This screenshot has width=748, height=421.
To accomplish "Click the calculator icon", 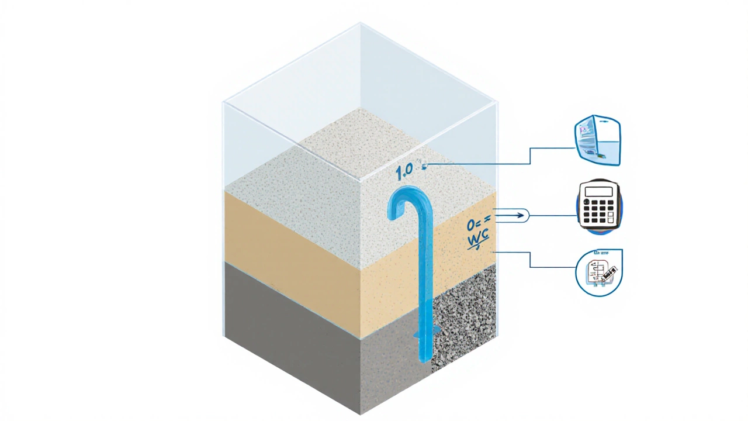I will (599, 206).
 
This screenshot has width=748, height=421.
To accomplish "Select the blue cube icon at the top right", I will (597, 141).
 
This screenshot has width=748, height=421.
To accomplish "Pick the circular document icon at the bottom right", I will (599, 272).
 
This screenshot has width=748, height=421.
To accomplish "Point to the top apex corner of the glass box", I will (360, 23).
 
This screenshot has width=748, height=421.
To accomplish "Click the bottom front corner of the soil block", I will (361, 413).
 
